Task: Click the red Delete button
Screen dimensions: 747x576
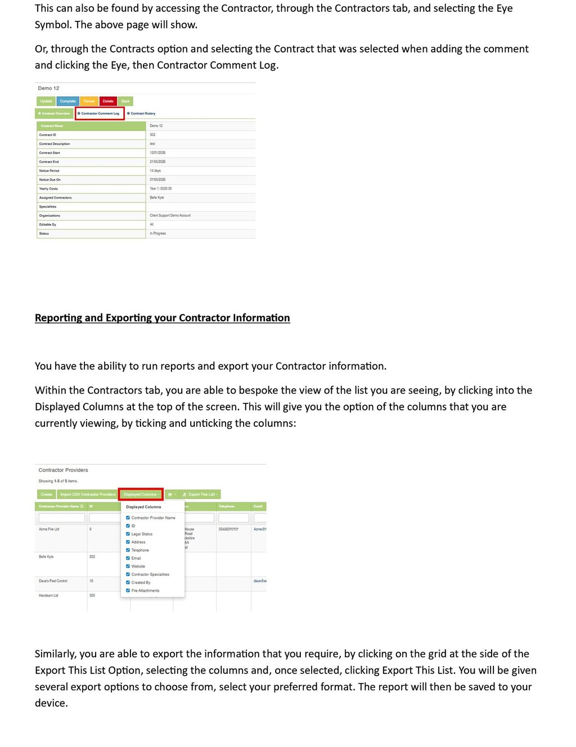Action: pyautogui.click(x=108, y=101)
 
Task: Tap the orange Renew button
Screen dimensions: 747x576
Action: pyautogui.click(x=89, y=101)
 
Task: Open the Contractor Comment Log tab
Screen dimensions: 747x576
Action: pyautogui.click(x=100, y=114)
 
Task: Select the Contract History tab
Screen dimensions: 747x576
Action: pyautogui.click(x=142, y=114)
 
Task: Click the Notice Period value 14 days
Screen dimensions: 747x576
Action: pyautogui.click(x=155, y=170)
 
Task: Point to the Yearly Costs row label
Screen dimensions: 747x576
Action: pyautogui.click(x=48, y=188)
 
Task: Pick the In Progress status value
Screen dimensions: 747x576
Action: pyautogui.click(x=158, y=233)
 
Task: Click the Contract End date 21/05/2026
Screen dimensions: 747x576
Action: pyautogui.click(x=157, y=161)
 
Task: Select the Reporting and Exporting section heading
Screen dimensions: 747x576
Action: pyautogui.click(x=162, y=318)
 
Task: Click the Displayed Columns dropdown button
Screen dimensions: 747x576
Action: pyautogui.click(x=141, y=494)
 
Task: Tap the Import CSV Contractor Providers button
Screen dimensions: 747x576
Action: pyautogui.click(x=87, y=494)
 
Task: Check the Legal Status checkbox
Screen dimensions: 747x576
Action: pyautogui.click(x=128, y=534)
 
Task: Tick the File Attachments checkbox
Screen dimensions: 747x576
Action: pyautogui.click(x=128, y=591)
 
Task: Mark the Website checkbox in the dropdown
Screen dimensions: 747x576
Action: pyautogui.click(x=128, y=566)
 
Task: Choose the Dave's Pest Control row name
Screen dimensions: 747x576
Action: pyautogui.click(x=53, y=581)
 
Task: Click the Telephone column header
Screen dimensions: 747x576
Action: pyautogui.click(x=227, y=506)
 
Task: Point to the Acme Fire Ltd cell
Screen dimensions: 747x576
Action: pyautogui.click(x=49, y=529)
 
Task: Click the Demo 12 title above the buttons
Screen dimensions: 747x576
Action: pyautogui.click(x=48, y=88)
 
